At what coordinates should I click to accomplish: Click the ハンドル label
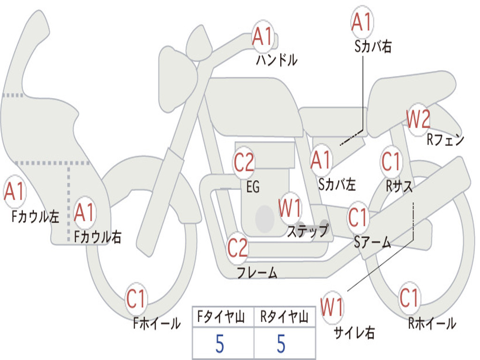[x=277, y=60]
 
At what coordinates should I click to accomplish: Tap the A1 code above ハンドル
[x=262, y=37]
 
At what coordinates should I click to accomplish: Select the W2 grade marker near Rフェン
[x=418, y=119]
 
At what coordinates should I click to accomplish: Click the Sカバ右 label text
[x=373, y=46]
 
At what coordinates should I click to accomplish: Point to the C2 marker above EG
[x=244, y=163]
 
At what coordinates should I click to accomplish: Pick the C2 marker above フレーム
[x=237, y=247]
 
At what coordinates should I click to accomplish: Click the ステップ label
[x=307, y=231]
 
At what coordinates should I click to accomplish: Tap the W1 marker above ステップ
[x=290, y=208]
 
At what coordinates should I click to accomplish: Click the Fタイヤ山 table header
[x=221, y=316]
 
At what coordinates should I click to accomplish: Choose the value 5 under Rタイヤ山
[x=281, y=344]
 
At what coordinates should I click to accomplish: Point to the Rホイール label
[x=432, y=323]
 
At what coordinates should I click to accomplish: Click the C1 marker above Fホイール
[x=135, y=299]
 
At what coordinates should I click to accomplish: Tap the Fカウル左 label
[x=35, y=217]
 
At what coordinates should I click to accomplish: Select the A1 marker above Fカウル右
[x=83, y=212]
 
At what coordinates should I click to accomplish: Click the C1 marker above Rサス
[x=390, y=161]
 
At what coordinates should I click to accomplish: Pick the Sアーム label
[x=373, y=242]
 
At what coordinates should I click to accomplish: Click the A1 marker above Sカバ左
[x=321, y=160]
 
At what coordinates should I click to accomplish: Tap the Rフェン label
[x=445, y=140]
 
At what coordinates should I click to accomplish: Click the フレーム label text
[x=257, y=272]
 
